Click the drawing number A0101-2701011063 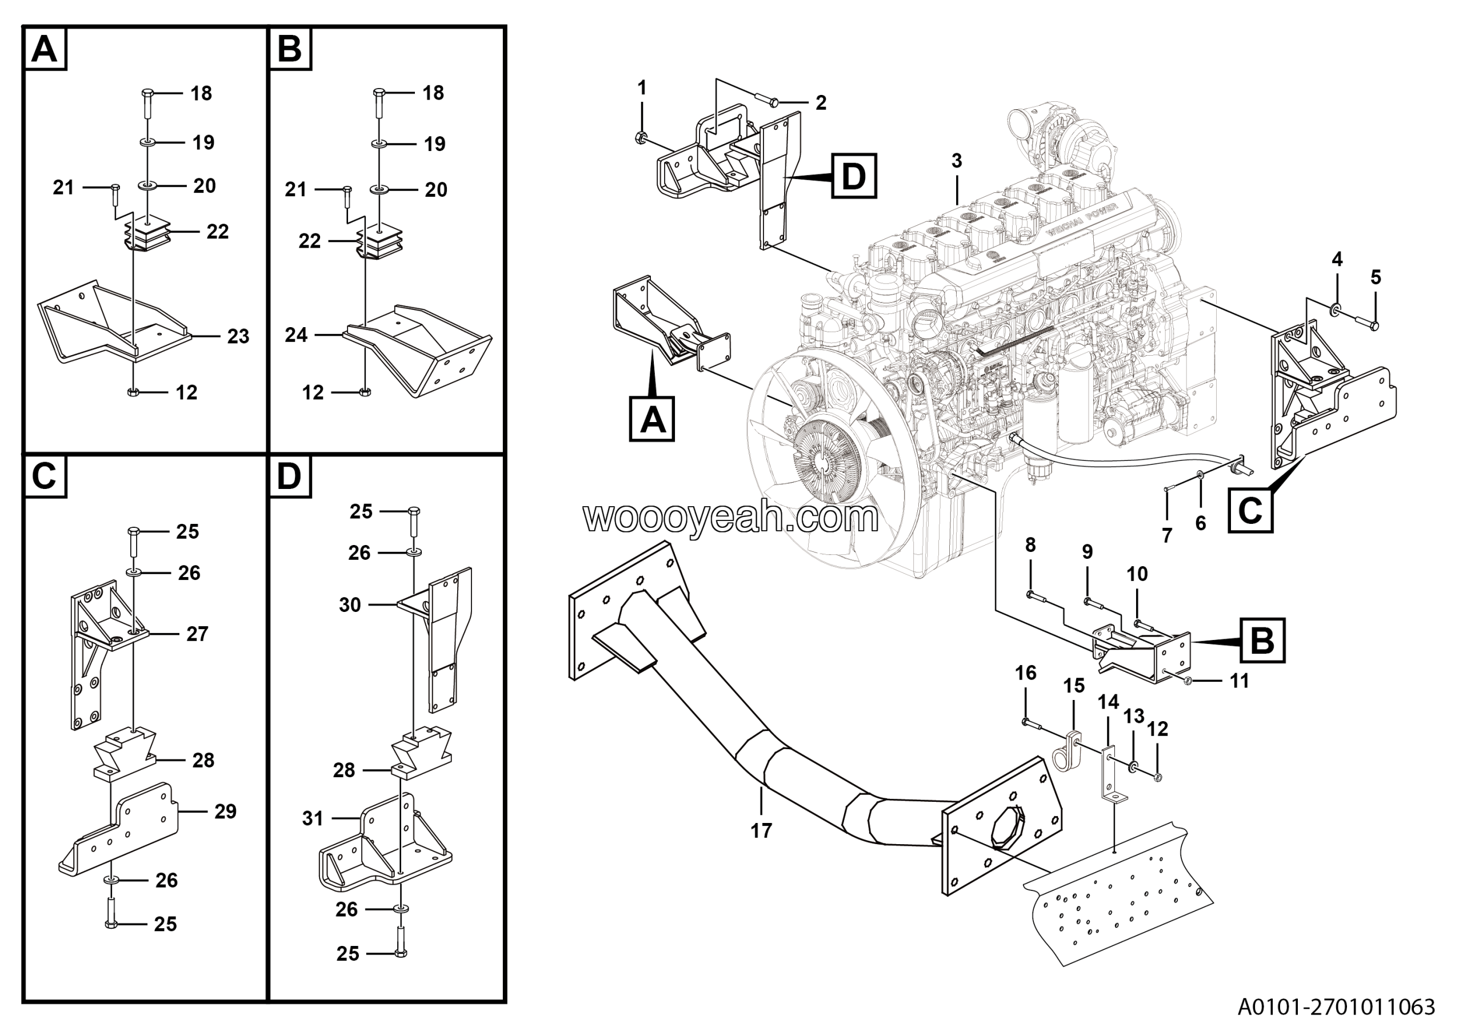coord(1336,1007)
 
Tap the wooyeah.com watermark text coord(730,518)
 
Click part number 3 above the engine coord(957,161)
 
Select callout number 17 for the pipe coord(761,830)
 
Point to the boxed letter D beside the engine coord(853,176)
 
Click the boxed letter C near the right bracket coord(1250,510)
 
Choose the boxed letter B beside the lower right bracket coord(1262,641)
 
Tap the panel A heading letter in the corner coord(45,49)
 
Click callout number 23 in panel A coord(238,337)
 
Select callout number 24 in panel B coord(296,335)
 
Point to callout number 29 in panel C coord(226,812)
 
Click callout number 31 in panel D coord(312,818)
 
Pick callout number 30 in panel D coord(350,605)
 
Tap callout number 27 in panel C coord(198,634)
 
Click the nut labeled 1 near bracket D coord(641,137)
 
